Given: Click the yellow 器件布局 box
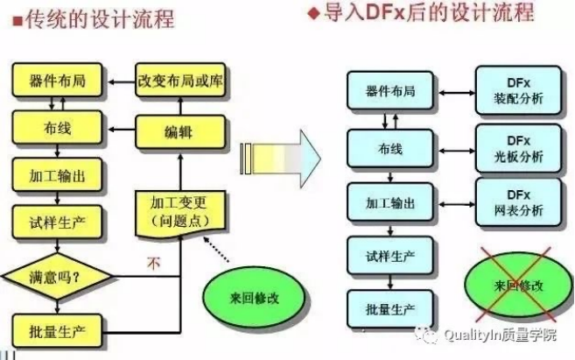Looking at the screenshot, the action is pos(57,80).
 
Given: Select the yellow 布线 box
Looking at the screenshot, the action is pos(57,127).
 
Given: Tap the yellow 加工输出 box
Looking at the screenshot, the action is pos(57,174).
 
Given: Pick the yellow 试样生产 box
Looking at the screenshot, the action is pos(57,222).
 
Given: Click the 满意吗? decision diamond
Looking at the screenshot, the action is pos(57,276).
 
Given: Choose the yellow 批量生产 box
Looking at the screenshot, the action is pos(57,330).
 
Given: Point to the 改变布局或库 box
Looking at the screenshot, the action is pos(180,80).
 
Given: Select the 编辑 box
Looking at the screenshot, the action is pos(180,132).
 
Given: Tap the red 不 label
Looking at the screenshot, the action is pos(154,263).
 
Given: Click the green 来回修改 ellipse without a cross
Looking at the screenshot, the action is pos(255,297).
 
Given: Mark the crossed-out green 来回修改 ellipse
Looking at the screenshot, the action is pos(518,286).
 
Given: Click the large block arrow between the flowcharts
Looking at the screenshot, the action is pos(281,159).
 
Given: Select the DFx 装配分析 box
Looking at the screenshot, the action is pos(518,90).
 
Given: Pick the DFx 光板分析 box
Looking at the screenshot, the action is pos(518,148).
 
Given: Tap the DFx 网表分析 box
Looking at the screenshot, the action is pos(518,202).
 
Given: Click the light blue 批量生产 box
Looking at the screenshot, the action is pos(390,309).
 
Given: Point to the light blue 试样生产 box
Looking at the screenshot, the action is pos(390,256).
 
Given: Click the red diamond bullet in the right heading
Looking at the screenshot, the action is pos(313,14).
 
